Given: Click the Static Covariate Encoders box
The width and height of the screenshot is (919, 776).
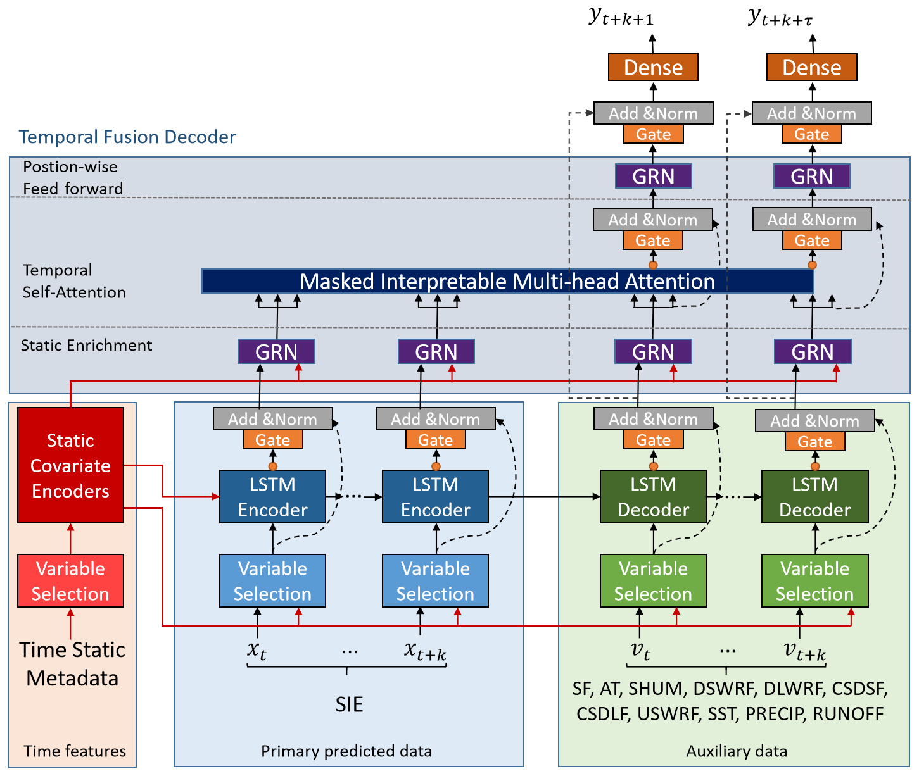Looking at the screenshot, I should pos(70,465).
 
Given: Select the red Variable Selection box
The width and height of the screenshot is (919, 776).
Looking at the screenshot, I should pos(70,581).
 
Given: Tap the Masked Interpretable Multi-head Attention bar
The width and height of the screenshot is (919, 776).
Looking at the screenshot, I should pos(507,282).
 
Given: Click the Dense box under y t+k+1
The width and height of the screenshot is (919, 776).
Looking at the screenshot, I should pos(653,67).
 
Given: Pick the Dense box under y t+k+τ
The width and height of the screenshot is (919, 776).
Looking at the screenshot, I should pos(811,67).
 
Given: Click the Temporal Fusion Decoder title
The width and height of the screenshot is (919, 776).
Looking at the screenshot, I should pos(127,137).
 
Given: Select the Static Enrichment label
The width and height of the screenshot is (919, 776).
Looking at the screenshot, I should pos(86,346).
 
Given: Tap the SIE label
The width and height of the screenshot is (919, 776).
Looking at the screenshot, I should pos(349,704).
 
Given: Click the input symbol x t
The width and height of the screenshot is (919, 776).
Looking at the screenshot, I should pos(257,650).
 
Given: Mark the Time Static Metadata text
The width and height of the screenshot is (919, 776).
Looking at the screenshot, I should pos(72,664).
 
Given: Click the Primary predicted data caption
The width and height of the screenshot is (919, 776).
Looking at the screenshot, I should pos(346,751).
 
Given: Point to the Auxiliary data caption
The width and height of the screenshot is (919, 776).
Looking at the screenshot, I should pos(737,751).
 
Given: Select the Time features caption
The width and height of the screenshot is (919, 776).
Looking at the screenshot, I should pos(75,751).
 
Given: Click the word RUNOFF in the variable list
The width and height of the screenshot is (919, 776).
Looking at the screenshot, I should pos(848,714).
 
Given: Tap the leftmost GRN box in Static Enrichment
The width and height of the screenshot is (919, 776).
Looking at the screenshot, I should pos(276,352).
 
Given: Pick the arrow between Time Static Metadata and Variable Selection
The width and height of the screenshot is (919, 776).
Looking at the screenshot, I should pos(70,623).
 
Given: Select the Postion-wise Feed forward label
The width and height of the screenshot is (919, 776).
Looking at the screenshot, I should pos(72,178).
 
